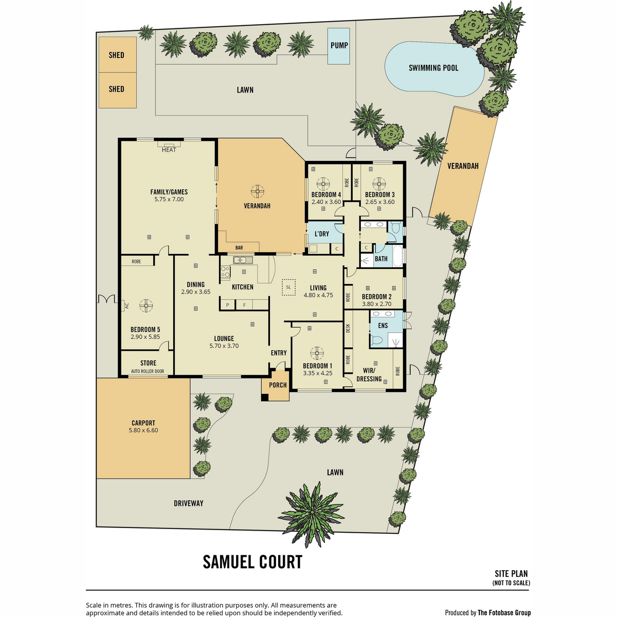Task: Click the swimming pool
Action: coord(434,68)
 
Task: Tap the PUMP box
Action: coord(339,46)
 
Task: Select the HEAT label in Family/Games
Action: coord(169,150)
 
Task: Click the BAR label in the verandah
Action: coord(239,247)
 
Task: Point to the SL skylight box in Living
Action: coord(288,287)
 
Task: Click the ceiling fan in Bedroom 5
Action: coord(146,305)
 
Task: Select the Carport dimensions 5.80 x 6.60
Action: coord(143,430)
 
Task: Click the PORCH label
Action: coord(278,385)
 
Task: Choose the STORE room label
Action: coord(148,363)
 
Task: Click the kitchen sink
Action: coord(243,260)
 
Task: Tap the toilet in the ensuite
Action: coord(377,340)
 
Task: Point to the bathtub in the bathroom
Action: coord(397,256)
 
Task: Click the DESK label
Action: coord(348,328)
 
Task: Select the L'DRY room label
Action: coord(322,234)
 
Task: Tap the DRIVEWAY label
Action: coord(189,503)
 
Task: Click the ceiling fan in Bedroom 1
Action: coord(317,353)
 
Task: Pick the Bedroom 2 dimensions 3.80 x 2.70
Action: coord(376,304)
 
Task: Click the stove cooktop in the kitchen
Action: coord(225,271)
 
